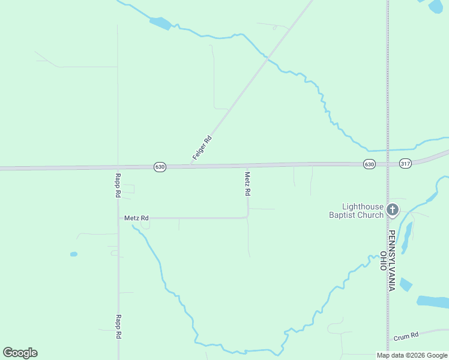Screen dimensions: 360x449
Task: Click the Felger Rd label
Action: [x=202, y=148]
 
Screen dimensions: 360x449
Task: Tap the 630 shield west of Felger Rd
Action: [x=159, y=167]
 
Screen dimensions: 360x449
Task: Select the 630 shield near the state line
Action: [x=369, y=164]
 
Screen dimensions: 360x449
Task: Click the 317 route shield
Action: [x=405, y=163]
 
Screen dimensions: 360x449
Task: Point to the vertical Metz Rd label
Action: [x=247, y=184]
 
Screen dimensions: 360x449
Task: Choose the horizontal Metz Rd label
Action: [x=136, y=218]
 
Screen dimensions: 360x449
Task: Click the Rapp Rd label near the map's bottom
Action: [x=119, y=326]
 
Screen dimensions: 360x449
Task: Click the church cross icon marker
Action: [x=393, y=209]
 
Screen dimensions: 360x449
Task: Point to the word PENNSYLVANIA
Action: [x=391, y=260]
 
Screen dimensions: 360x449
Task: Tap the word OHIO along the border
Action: [x=383, y=261]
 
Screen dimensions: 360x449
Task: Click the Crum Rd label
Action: [x=406, y=337]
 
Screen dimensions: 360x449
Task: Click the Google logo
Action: [x=20, y=353]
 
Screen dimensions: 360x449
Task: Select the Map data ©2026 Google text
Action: [x=412, y=355]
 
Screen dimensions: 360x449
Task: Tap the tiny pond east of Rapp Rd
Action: [x=73, y=254]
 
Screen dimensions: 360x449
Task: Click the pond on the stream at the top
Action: [x=160, y=23]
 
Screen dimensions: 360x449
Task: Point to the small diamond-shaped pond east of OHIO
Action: [x=406, y=284]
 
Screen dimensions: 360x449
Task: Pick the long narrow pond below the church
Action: [x=407, y=238]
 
